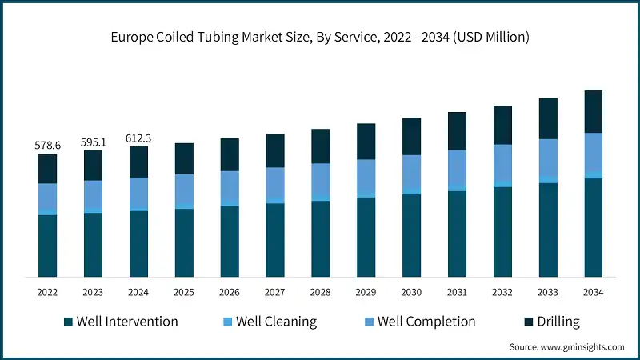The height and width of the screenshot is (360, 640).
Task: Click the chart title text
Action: [320, 38]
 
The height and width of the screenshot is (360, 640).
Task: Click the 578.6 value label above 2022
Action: [47, 146]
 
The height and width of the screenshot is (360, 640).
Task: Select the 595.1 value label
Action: [93, 142]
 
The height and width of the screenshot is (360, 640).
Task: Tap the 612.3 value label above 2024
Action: [138, 138]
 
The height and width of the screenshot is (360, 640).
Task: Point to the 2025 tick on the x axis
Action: [184, 293]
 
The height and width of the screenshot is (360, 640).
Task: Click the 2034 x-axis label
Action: [593, 293]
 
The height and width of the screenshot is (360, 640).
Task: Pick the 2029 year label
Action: [366, 293]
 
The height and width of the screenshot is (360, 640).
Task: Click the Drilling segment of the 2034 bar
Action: [593, 111]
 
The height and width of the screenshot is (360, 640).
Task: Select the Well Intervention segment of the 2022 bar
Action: [47, 246]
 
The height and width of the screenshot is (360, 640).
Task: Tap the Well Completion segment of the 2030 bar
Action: [411, 172]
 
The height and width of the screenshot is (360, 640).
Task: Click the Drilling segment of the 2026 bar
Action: [230, 154]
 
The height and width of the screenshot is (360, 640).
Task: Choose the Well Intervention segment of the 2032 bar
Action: [502, 232]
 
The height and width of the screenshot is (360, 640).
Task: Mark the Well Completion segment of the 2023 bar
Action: [93, 194]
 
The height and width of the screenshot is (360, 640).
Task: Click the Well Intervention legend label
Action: [126, 322]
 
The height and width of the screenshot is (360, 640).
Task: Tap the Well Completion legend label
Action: [426, 322]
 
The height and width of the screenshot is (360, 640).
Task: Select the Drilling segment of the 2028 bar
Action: [320, 146]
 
